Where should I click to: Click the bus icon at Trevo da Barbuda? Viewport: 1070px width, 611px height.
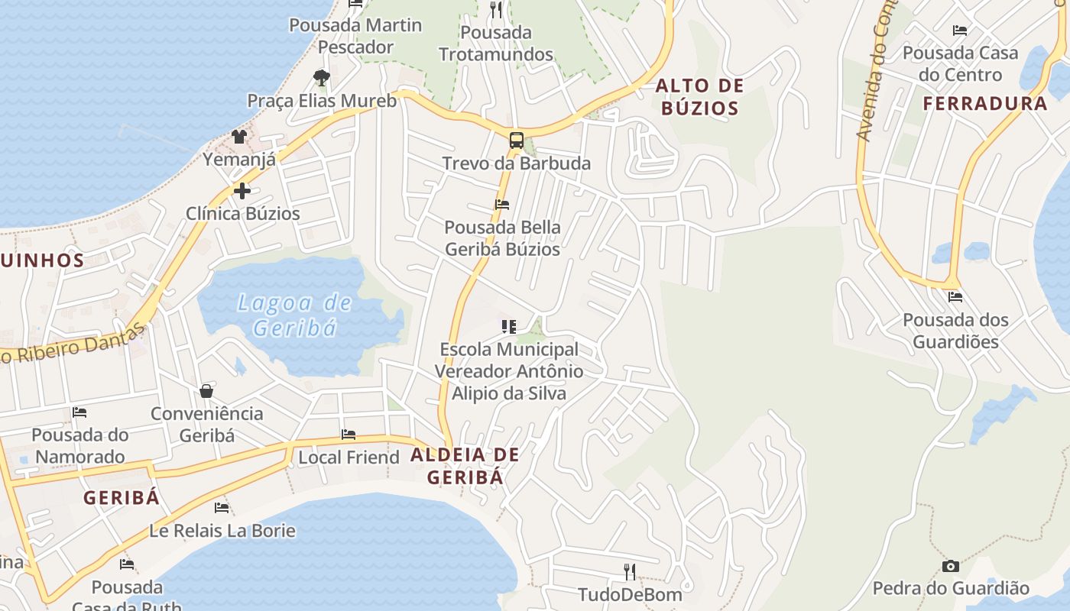tap(517, 141)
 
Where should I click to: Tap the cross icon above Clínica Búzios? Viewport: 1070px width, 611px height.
tap(242, 190)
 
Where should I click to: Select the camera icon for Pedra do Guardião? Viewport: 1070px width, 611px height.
tap(951, 566)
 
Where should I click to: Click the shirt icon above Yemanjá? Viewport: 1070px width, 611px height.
tap(239, 137)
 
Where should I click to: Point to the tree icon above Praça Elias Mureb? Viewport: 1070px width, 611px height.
tap(321, 76)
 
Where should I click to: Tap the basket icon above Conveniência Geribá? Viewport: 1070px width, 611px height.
tap(206, 391)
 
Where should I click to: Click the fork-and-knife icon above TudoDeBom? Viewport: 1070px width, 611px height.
tap(630, 571)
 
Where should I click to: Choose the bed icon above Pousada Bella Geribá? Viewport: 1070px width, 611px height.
tap(502, 204)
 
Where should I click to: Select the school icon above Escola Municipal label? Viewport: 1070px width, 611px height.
tap(509, 327)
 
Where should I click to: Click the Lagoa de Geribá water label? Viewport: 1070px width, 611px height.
tap(295, 315)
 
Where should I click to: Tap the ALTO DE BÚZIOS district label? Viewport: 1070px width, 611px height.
tap(700, 97)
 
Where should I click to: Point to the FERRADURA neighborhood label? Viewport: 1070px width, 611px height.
tap(985, 104)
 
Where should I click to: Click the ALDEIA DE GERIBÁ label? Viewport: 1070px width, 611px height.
tap(465, 466)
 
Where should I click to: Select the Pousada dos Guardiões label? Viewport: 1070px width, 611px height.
tap(955, 331)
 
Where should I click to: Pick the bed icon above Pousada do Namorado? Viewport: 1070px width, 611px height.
tap(79, 412)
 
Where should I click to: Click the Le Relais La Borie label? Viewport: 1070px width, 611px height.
tap(222, 531)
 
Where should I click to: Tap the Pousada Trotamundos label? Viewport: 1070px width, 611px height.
tap(496, 44)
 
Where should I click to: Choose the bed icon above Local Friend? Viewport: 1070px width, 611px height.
tap(349, 435)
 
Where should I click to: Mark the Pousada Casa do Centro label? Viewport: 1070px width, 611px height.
tap(960, 63)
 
